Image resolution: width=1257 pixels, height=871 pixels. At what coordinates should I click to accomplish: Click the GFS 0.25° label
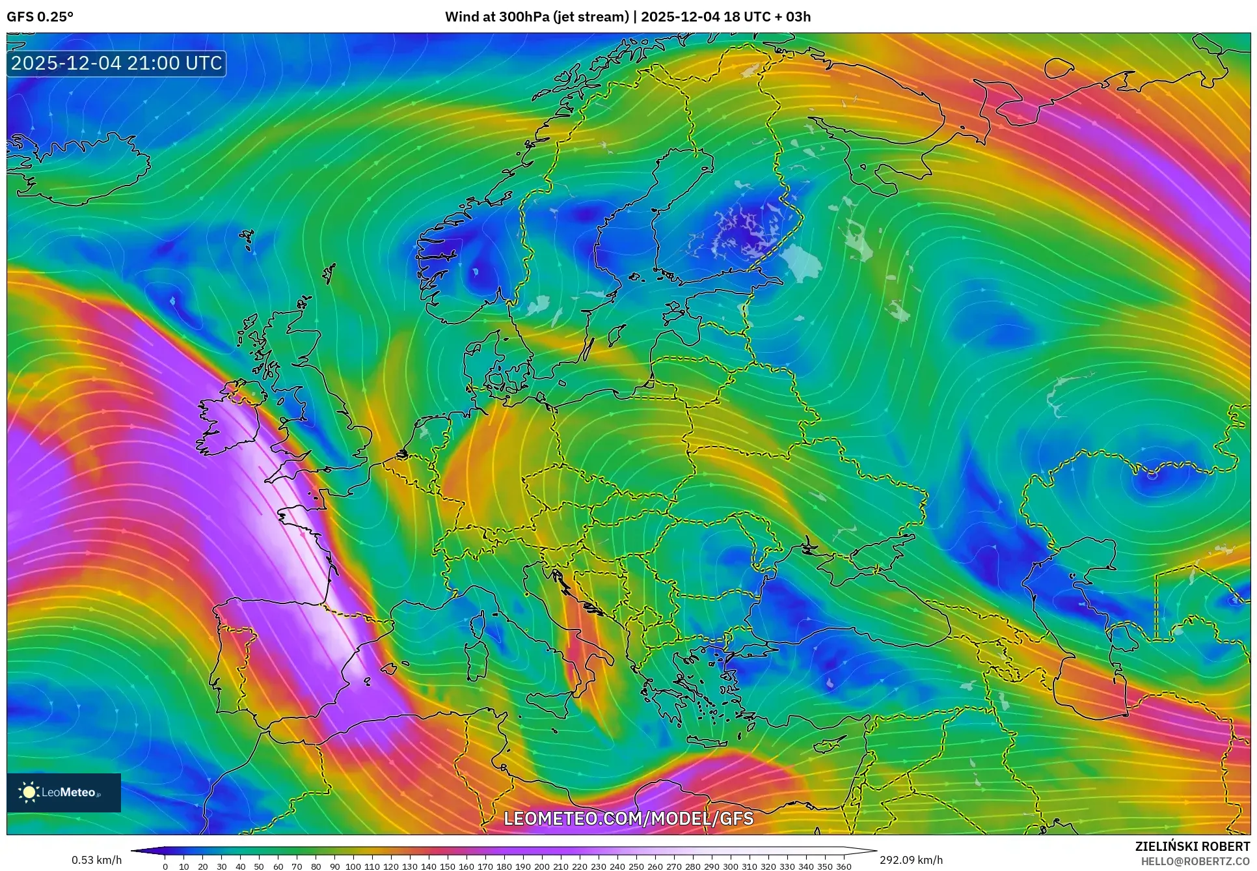[40, 17]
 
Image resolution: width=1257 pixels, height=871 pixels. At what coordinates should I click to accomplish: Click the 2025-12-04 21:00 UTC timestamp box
[116, 64]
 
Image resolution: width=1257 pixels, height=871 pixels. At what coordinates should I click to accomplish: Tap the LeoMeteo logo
[64, 792]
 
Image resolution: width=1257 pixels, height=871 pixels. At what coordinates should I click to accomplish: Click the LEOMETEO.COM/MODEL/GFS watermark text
[628, 818]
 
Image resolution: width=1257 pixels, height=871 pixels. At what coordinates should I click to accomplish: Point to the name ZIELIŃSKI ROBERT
[1192, 846]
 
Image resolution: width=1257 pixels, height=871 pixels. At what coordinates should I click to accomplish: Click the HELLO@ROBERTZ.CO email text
[1195, 861]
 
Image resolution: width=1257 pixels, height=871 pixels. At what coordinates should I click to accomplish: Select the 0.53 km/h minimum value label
[96, 860]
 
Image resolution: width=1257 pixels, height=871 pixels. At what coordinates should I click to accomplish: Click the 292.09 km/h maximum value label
[911, 860]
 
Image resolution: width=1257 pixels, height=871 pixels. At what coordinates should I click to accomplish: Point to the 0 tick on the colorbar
[165, 866]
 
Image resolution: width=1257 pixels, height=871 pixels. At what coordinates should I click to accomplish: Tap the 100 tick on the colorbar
[353, 866]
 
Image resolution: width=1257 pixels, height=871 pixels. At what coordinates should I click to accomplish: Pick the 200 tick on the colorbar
[541, 866]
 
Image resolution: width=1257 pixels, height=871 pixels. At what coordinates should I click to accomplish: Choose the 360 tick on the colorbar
[843, 866]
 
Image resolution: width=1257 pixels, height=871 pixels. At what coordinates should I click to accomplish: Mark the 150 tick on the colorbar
[447, 866]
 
